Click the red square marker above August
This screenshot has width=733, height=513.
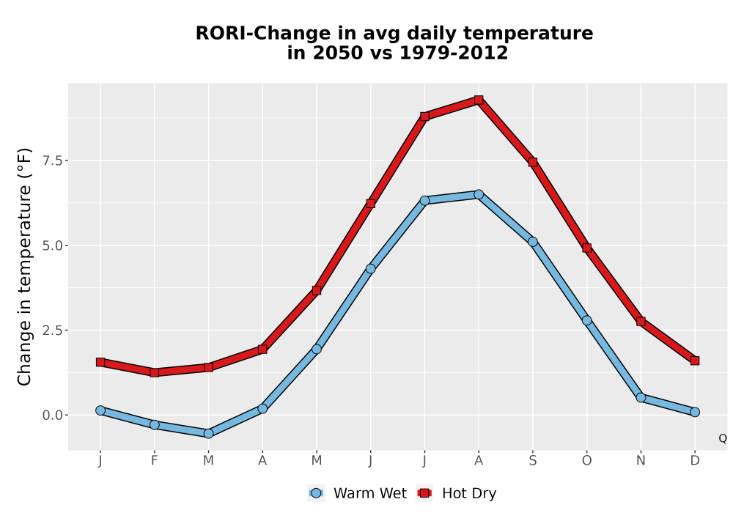point(478,100)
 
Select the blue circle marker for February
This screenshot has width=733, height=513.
point(154,425)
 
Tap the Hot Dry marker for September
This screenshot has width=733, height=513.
point(532,162)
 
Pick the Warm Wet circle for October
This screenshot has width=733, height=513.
point(586,320)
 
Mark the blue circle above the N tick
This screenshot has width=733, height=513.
point(641,398)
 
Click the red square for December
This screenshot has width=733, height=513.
point(695,361)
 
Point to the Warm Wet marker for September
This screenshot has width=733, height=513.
point(532,242)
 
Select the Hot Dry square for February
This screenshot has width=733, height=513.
point(154,372)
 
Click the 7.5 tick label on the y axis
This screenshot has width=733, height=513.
point(52,160)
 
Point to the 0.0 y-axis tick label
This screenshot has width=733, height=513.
point(52,415)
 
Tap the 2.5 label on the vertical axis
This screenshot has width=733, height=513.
point(52,331)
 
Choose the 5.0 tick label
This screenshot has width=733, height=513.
point(52,246)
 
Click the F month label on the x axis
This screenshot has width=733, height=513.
point(154,461)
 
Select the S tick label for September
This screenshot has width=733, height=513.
point(532,461)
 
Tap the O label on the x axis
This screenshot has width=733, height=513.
point(586,461)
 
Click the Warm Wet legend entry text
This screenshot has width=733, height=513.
point(369,493)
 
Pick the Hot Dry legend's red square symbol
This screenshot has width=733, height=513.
point(425,493)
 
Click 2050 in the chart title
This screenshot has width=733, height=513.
point(336,53)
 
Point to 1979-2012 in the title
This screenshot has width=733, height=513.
point(453,53)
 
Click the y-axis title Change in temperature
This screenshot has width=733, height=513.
point(24,267)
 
